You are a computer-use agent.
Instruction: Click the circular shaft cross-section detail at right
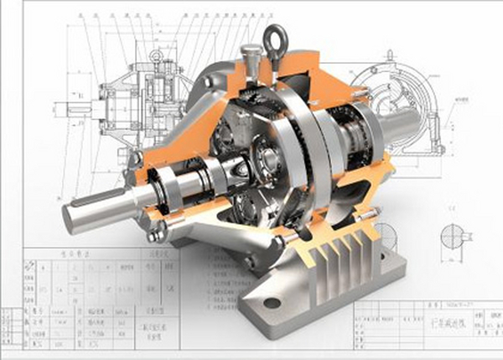pyautogui.click(x=450, y=234)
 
